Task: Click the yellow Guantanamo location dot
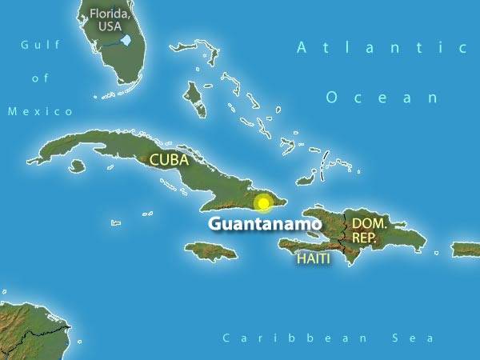click(263, 203)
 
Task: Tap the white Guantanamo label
click(265, 224)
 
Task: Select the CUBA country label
click(169, 160)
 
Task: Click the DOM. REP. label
click(370, 230)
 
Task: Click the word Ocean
click(382, 98)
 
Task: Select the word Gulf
click(41, 45)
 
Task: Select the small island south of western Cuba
click(77, 166)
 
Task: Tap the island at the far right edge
click(467, 250)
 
